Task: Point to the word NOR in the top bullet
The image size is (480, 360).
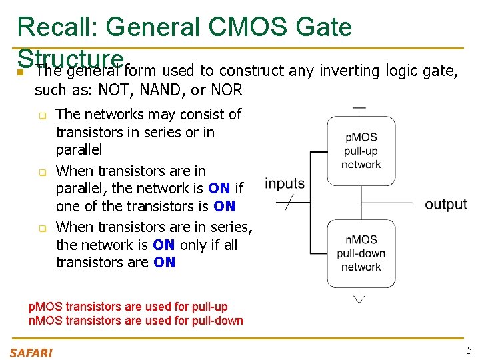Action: (227, 89)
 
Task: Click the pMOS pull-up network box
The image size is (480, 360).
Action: (361, 151)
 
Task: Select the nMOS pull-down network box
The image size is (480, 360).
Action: (361, 253)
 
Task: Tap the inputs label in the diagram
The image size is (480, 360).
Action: (285, 183)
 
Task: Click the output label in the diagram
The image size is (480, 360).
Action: (446, 204)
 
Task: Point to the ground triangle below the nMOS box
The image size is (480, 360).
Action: (359, 298)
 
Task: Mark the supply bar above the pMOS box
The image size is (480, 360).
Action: (359, 107)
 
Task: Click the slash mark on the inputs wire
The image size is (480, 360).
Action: (289, 203)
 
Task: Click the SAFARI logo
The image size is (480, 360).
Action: (31, 351)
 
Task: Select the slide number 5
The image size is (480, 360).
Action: (469, 351)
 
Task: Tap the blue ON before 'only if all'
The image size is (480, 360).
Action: (164, 245)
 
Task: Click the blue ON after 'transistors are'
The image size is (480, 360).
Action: (164, 262)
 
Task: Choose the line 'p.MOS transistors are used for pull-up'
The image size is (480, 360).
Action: (128, 307)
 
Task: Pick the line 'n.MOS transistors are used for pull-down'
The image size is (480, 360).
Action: (135, 320)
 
